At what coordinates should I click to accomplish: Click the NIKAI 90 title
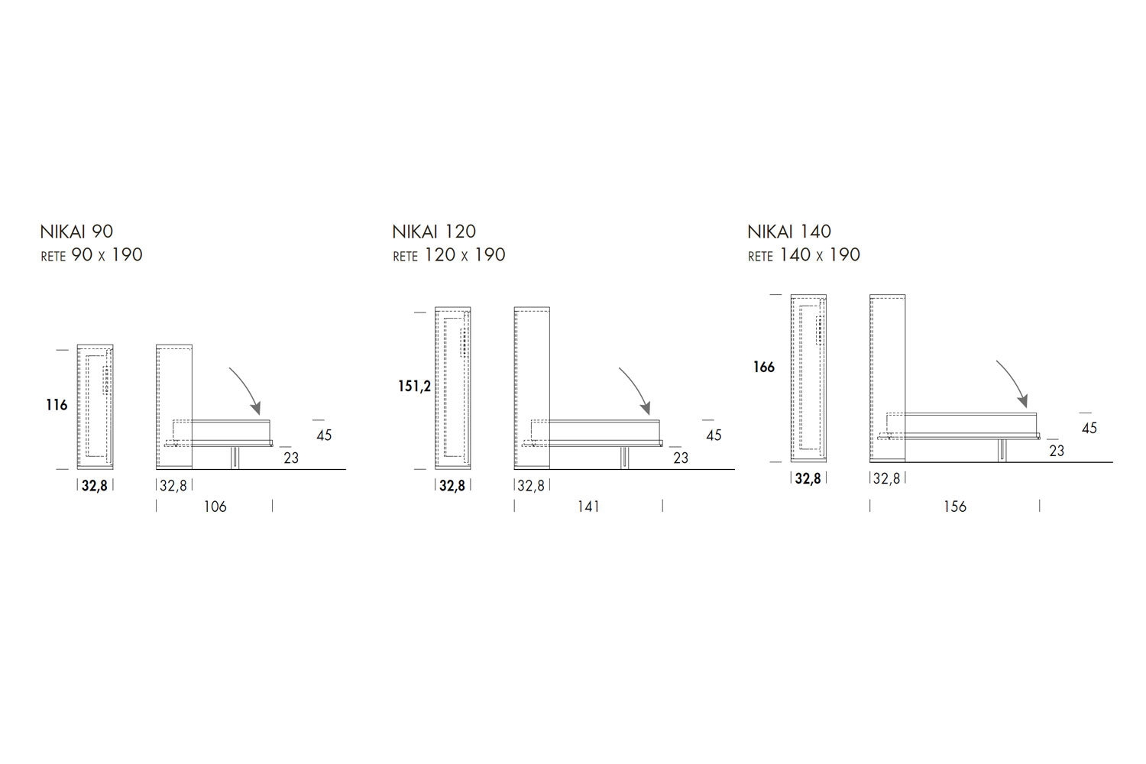click(76, 231)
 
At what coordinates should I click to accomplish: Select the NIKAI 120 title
click(434, 231)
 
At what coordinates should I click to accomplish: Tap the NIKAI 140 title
click(789, 231)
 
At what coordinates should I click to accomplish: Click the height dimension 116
click(57, 405)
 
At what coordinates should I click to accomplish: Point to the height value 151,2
click(414, 387)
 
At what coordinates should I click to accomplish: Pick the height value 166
click(764, 367)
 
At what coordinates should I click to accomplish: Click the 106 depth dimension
click(215, 507)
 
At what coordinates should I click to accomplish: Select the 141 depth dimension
click(588, 507)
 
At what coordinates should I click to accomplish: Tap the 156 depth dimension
click(955, 507)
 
